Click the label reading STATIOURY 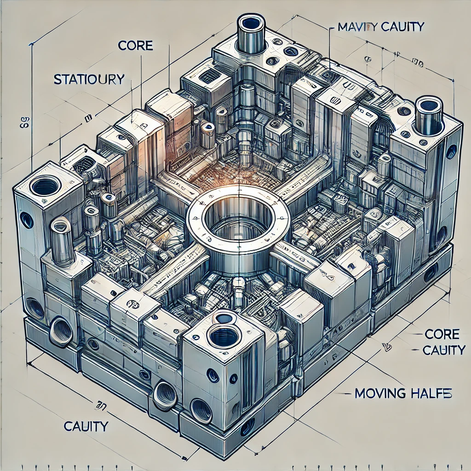(89, 79)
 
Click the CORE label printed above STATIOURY (135, 46)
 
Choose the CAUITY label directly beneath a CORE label (444, 350)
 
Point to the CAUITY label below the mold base (86, 426)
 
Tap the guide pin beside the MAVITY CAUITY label (250, 34)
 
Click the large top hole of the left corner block (45, 186)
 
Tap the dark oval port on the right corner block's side (451, 152)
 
